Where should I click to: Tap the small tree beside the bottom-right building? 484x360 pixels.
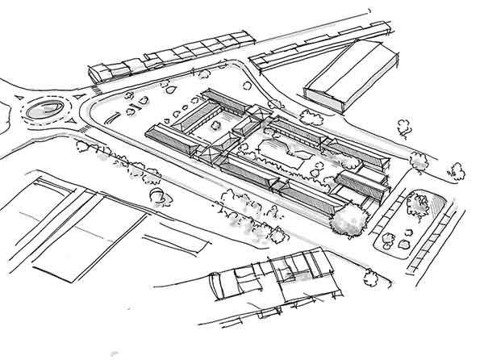coord(370,278)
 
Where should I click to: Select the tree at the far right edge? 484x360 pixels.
coord(457,170)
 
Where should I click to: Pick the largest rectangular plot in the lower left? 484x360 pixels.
coord(89,234)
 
